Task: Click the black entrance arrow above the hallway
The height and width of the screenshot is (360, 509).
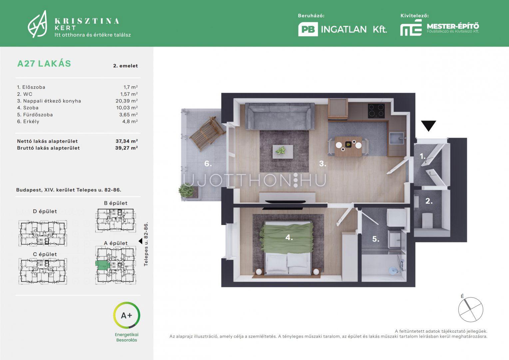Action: click(x=429, y=125)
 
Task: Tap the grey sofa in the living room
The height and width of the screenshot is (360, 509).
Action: click(x=280, y=116)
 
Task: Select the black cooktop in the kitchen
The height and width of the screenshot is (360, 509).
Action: click(x=376, y=111)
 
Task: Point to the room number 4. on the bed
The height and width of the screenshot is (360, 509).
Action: click(x=289, y=237)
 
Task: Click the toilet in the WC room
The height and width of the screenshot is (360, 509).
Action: click(x=427, y=220)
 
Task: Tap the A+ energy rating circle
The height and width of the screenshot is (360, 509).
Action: click(x=127, y=315)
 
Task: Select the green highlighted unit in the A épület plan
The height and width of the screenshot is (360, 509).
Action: click(x=103, y=265)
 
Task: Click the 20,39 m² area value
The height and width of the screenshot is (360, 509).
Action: click(x=127, y=101)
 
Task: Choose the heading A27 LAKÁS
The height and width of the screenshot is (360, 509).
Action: click(x=44, y=64)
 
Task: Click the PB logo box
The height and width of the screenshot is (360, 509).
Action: click(x=308, y=29)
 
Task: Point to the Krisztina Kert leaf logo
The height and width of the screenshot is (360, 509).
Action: click(x=38, y=24)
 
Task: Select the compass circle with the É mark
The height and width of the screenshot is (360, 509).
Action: click(x=471, y=309)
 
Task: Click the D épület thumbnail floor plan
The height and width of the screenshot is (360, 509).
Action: click(x=43, y=233)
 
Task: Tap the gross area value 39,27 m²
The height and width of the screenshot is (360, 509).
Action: click(x=126, y=148)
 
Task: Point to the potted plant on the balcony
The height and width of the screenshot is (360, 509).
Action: click(x=186, y=191)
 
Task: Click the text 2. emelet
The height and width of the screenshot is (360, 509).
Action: click(x=126, y=66)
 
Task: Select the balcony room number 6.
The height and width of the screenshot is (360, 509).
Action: click(x=208, y=164)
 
